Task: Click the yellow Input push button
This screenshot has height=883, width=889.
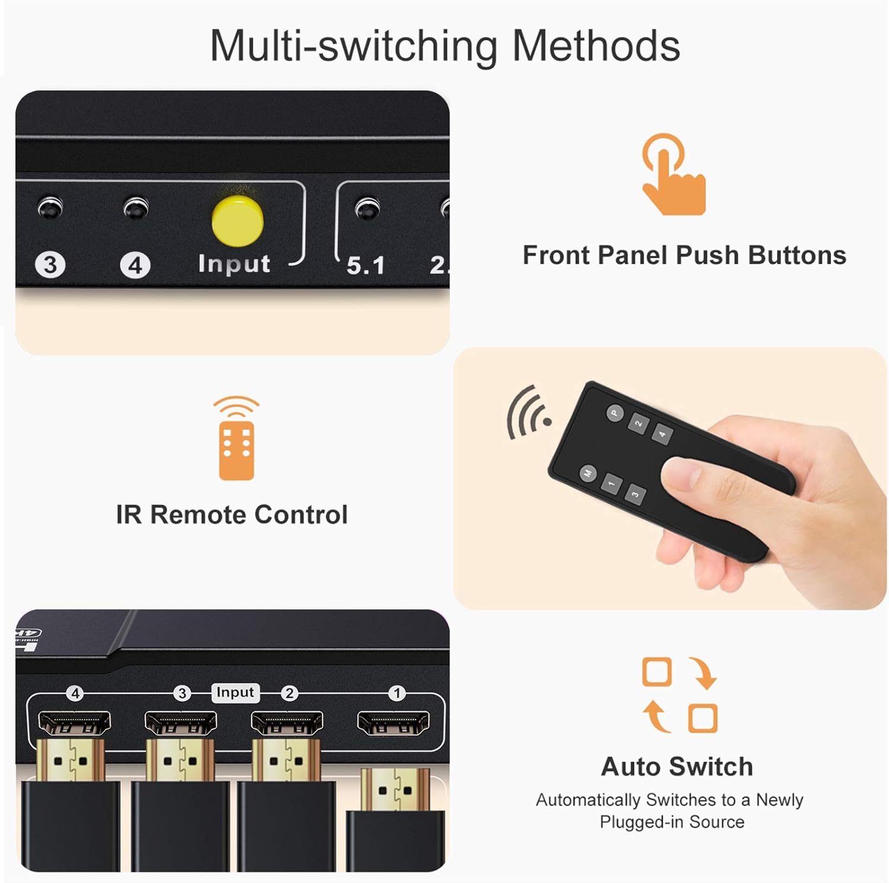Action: point(238,221)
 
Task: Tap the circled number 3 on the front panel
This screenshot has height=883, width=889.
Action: point(50,264)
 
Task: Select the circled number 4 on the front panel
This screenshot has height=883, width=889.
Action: point(135,265)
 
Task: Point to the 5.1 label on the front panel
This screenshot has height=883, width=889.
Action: point(366,265)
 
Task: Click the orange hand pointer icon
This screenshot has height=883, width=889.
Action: point(673,175)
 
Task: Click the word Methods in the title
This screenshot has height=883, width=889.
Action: point(596,46)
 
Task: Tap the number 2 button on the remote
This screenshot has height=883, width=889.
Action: point(638,424)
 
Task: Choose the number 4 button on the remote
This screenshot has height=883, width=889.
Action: point(662,434)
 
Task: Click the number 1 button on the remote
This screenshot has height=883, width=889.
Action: point(611,484)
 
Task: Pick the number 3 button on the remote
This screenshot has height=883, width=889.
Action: point(635,494)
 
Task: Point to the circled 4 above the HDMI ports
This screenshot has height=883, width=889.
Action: point(75,693)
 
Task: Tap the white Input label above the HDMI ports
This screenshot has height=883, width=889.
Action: point(235,692)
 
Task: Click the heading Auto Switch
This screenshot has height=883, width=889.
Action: point(677,767)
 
